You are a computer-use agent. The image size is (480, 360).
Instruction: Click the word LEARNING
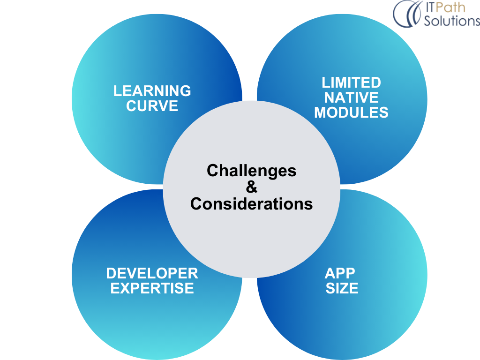click(x=152, y=91)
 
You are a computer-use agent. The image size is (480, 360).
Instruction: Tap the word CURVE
click(x=152, y=106)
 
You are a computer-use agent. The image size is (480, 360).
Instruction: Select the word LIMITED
click(x=351, y=82)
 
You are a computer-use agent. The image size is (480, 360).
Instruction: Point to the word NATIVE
click(x=351, y=97)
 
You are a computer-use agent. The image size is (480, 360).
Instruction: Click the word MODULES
click(x=351, y=112)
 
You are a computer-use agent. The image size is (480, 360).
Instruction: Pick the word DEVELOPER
click(x=152, y=273)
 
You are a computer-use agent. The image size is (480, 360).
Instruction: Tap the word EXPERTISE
click(x=152, y=288)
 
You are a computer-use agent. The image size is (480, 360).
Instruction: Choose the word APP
click(x=340, y=273)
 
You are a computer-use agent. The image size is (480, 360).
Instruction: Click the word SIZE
click(x=342, y=288)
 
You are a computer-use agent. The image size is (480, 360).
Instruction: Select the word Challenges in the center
click(x=252, y=171)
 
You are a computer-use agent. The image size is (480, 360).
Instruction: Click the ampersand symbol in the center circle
click(x=252, y=187)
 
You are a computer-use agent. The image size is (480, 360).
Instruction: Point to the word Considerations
click(x=252, y=204)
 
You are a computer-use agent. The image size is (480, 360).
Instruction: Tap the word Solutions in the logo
click(x=452, y=21)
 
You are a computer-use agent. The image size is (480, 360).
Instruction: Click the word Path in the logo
click(x=450, y=7)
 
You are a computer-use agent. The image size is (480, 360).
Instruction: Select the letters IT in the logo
click(x=429, y=7)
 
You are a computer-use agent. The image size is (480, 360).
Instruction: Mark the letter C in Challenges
click(x=213, y=170)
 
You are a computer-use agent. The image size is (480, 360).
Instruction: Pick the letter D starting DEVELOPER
click(x=112, y=273)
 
